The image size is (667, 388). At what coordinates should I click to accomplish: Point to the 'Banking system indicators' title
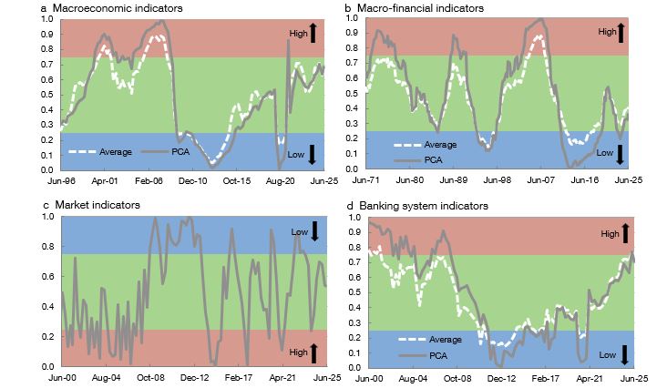click(426, 206)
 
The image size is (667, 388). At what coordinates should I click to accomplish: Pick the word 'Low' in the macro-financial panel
click(605, 154)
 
